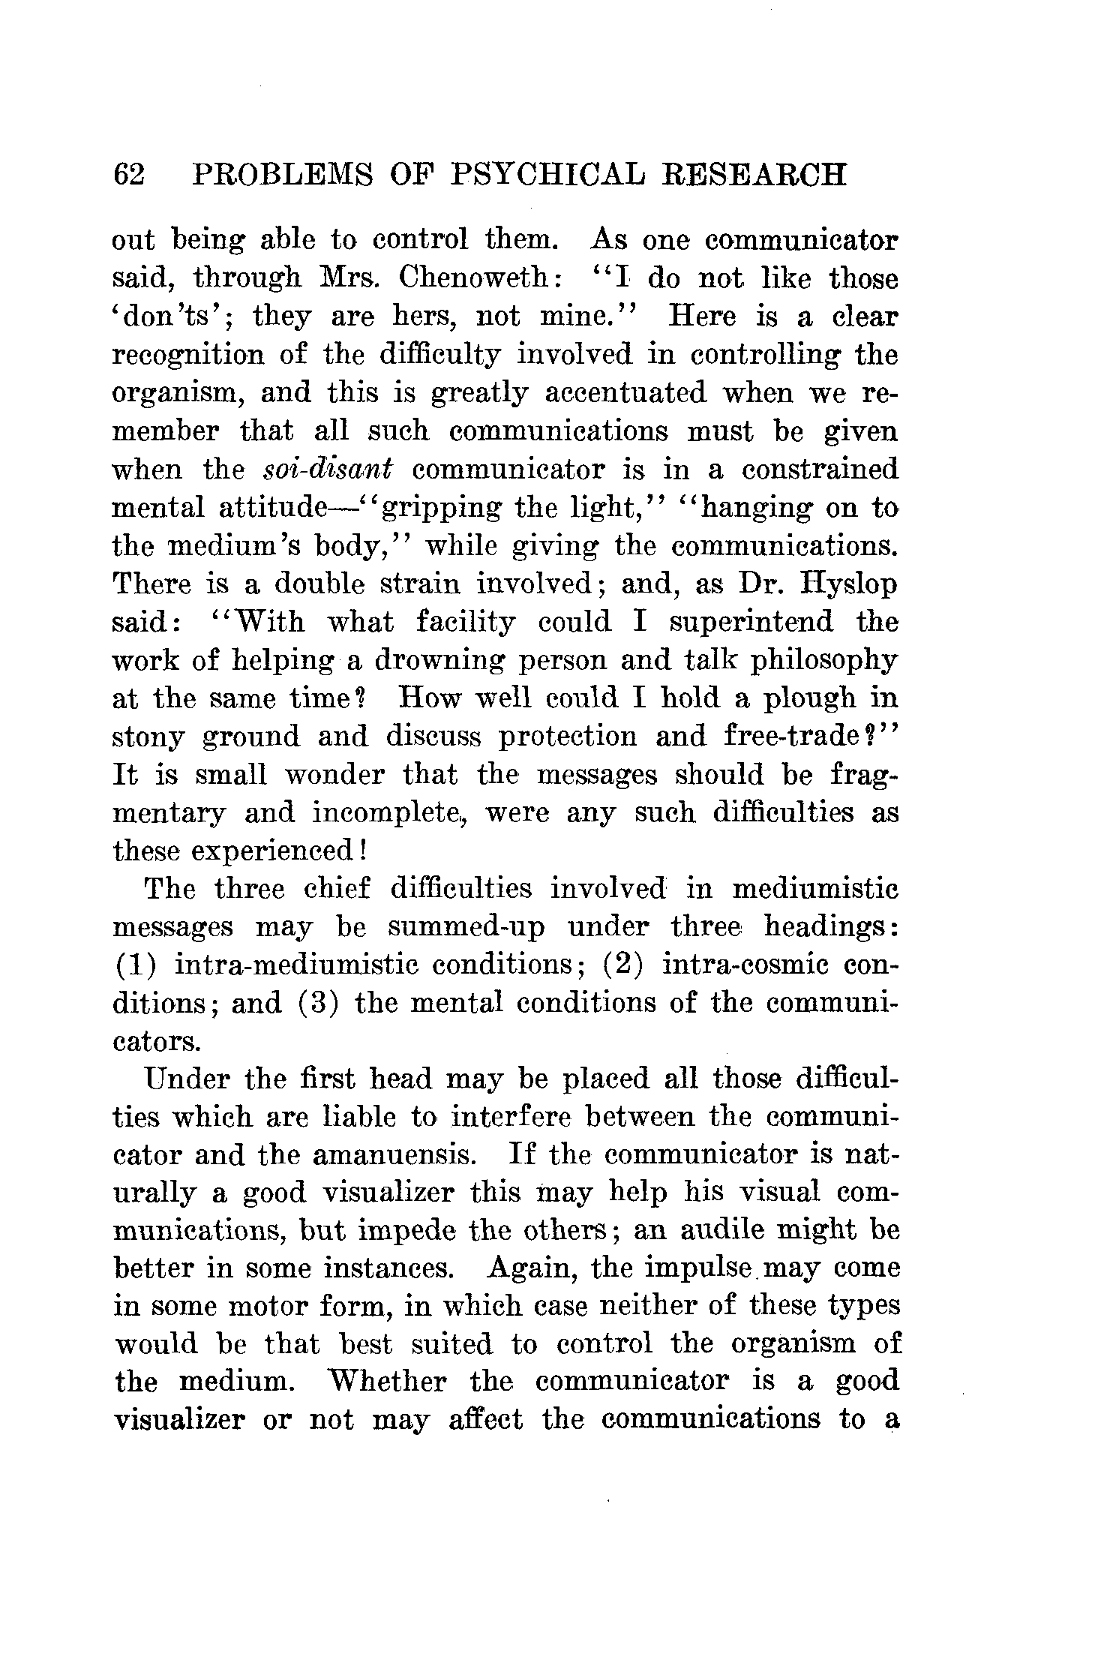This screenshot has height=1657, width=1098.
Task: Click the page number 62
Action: [128, 175]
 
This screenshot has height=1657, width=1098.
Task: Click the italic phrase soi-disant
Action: [329, 470]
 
